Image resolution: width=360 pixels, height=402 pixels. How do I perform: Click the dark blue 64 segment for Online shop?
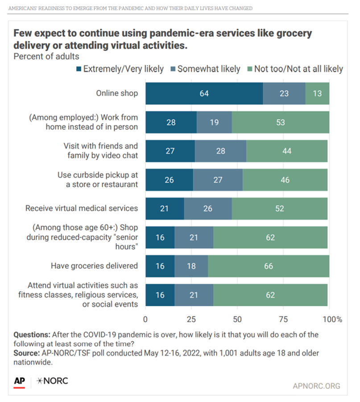click(204, 94)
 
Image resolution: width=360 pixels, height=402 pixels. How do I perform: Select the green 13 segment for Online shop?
click(317, 94)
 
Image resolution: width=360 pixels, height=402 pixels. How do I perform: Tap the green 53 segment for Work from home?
click(280, 122)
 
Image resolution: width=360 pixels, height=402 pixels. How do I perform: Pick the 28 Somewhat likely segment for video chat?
click(220, 151)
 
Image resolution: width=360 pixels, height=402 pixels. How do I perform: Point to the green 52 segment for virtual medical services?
click(279, 208)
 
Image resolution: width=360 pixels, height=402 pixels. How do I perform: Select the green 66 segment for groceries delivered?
click(268, 266)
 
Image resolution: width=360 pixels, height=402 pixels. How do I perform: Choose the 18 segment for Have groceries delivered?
click(191, 266)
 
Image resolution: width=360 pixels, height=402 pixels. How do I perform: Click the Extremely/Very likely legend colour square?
click(79, 69)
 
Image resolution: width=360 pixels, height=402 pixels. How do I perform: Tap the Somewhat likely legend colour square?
click(173, 69)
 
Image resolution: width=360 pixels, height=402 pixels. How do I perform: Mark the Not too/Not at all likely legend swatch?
click(250, 69)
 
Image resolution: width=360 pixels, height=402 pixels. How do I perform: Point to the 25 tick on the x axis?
click(191, 319)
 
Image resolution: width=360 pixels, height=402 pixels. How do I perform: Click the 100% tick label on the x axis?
click(333, 319)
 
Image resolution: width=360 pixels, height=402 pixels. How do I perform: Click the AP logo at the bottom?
click(19, 381)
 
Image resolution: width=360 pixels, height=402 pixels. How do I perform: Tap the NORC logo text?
click(52, 381)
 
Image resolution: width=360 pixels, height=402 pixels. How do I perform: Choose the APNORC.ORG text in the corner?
click(316, 386)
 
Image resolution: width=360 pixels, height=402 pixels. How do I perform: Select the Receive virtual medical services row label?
click(82, 208)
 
